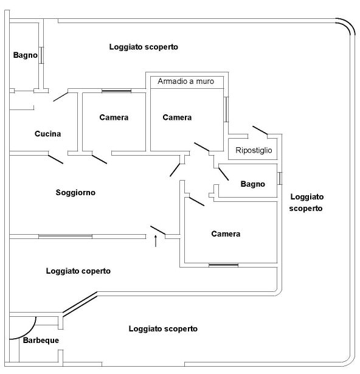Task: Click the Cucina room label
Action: [47, 134]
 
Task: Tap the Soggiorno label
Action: [75, 192]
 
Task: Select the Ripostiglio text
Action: [254, 150]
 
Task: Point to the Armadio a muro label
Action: [186, 81]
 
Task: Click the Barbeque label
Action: [41, 341]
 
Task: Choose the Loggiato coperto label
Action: [78, 271]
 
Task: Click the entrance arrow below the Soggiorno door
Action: [156, 241]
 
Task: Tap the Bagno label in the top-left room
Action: [26, 55]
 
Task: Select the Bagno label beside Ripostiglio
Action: [252, 184]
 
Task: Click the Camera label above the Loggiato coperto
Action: [226, 234]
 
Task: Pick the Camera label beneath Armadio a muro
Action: [177, 117]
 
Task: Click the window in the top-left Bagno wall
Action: [41, 55]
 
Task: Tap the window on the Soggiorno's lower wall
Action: [65, 237]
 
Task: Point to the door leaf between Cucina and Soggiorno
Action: [55, 159]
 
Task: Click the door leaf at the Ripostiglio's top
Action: [260, 131]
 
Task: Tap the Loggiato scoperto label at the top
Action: [144, 47]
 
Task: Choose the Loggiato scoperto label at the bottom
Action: [163, 328]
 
